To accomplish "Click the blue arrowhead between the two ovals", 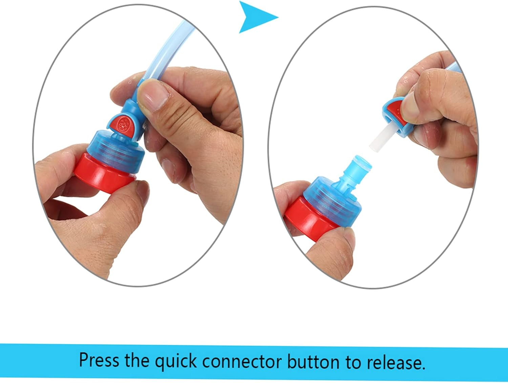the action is (256, 17).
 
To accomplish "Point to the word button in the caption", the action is (314, 361).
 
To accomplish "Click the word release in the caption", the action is (394, 361).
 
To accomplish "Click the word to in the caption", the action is (353, 361).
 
